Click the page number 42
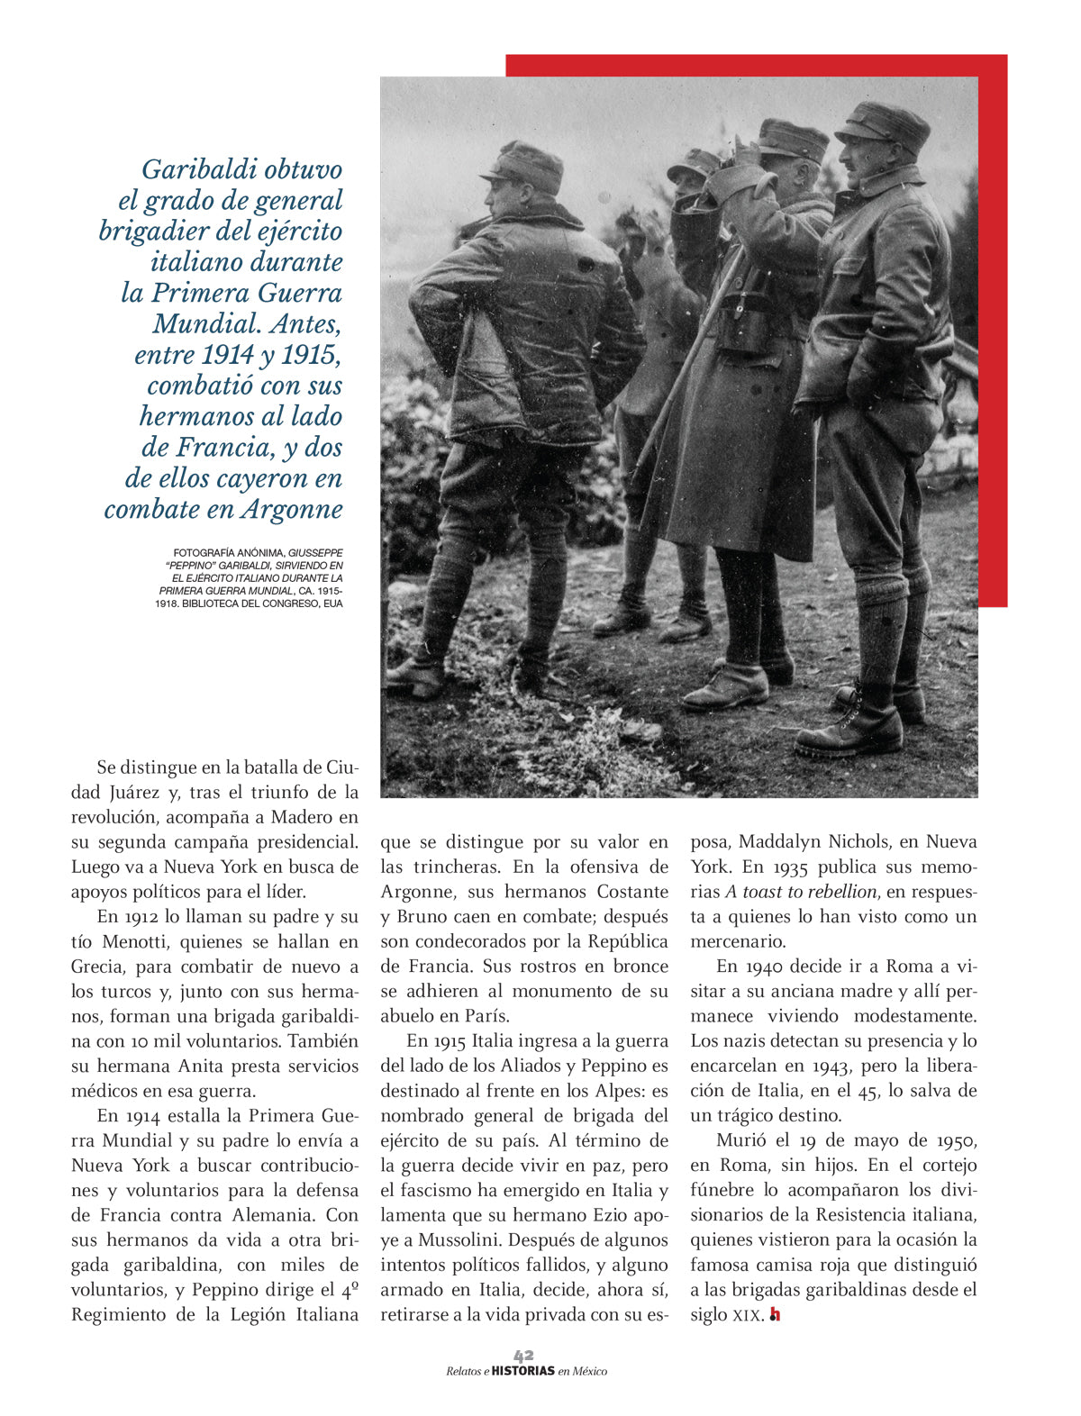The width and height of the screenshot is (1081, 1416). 523,1355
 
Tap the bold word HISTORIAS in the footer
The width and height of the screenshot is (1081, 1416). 523,1371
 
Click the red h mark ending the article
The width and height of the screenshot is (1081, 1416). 775,1315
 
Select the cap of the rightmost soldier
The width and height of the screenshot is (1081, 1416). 886,123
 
